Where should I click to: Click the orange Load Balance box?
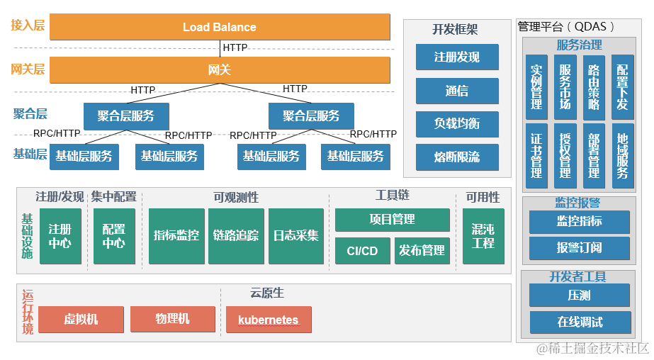(x=220, y=27)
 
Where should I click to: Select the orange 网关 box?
(x=220, y=70)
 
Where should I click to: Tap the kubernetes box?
(x=268, y=320)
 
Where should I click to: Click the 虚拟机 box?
(x=81, y=320)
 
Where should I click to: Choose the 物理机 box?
(x=173, y=319)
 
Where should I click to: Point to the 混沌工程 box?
(x=483, y=236)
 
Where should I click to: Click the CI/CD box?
(x=362, y=250)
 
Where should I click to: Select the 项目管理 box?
(x=392, y=220)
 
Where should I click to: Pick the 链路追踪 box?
(x=236, y=236)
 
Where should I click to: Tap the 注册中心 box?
(x=60, y=236)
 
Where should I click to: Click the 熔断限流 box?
(x=457, y=157)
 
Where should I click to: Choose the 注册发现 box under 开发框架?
(x=457, y=57)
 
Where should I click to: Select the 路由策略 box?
(x=594, y=87)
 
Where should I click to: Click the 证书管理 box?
(x=536, y=156)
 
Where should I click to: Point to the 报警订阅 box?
(x=580, y=247)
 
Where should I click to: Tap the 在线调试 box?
(x=580, y=322)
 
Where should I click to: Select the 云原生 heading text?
(x=267, y=293)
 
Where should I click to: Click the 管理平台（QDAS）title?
(x=566, y=27)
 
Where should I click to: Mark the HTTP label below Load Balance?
(x=235, y=48)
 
